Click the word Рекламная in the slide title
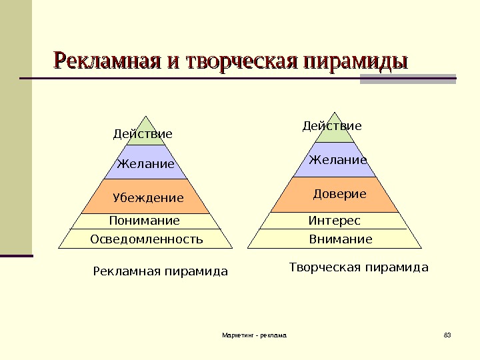click(107, 61)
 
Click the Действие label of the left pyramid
click(143, 135)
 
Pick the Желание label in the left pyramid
click(145, 164)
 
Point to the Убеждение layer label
click(148, 198)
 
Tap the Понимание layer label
click(144, 221)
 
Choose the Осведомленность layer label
click(147, 239)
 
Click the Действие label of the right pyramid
click(332, 126)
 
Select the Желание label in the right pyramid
click(337, 161)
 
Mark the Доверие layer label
click(340, 194)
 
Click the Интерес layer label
click(334, 221)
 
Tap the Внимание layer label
click(341, 239)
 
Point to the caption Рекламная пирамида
click(160, 271)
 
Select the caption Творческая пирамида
click(359, 267)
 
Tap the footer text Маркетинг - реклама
click(254, 335)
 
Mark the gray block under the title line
click(408, 80)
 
